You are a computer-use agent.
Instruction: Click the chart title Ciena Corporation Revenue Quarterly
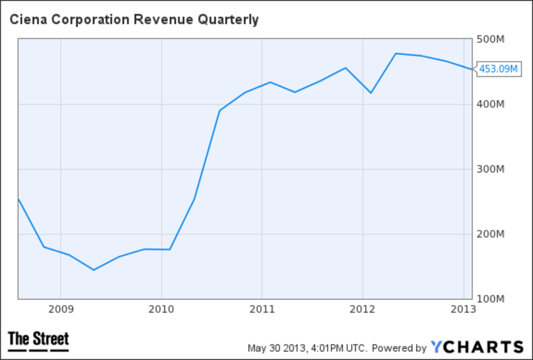[134, 20]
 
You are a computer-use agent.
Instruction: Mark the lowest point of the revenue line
[93, 270]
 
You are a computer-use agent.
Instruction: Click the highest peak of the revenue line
[396, 53]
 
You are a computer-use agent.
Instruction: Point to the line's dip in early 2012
[371, 93]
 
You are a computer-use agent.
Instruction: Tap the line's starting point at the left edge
[18, 199]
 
